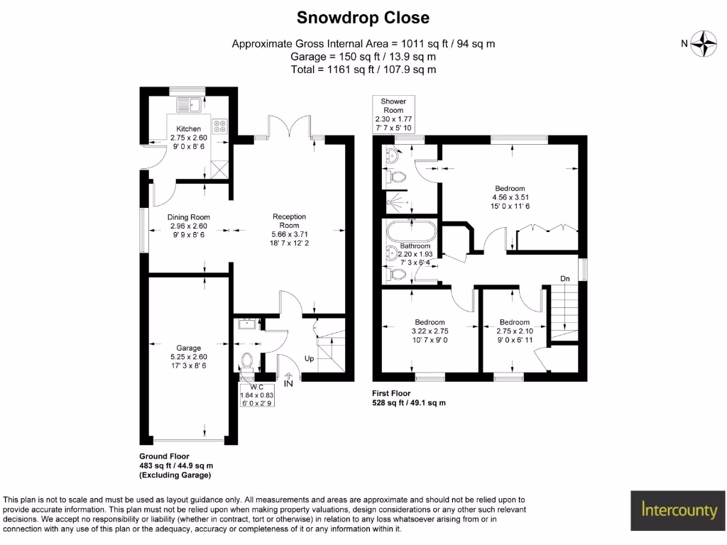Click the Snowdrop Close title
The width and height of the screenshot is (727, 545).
pos(363,17)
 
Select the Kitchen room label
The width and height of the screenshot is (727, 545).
pos(188,128)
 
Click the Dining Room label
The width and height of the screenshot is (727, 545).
pos(189,217)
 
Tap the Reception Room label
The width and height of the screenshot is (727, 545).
pos(289,216)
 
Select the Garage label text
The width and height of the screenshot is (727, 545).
pos(189,348)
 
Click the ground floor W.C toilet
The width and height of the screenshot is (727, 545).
pos(247,360)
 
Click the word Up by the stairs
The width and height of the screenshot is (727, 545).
pos(309,359)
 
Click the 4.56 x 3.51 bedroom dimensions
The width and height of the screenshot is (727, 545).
pos(510,197)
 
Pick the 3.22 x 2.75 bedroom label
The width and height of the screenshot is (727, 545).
pos(430,331)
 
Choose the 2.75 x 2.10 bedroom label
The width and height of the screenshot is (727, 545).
pos(514,331)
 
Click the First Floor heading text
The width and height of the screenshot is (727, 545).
pos(391,393)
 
